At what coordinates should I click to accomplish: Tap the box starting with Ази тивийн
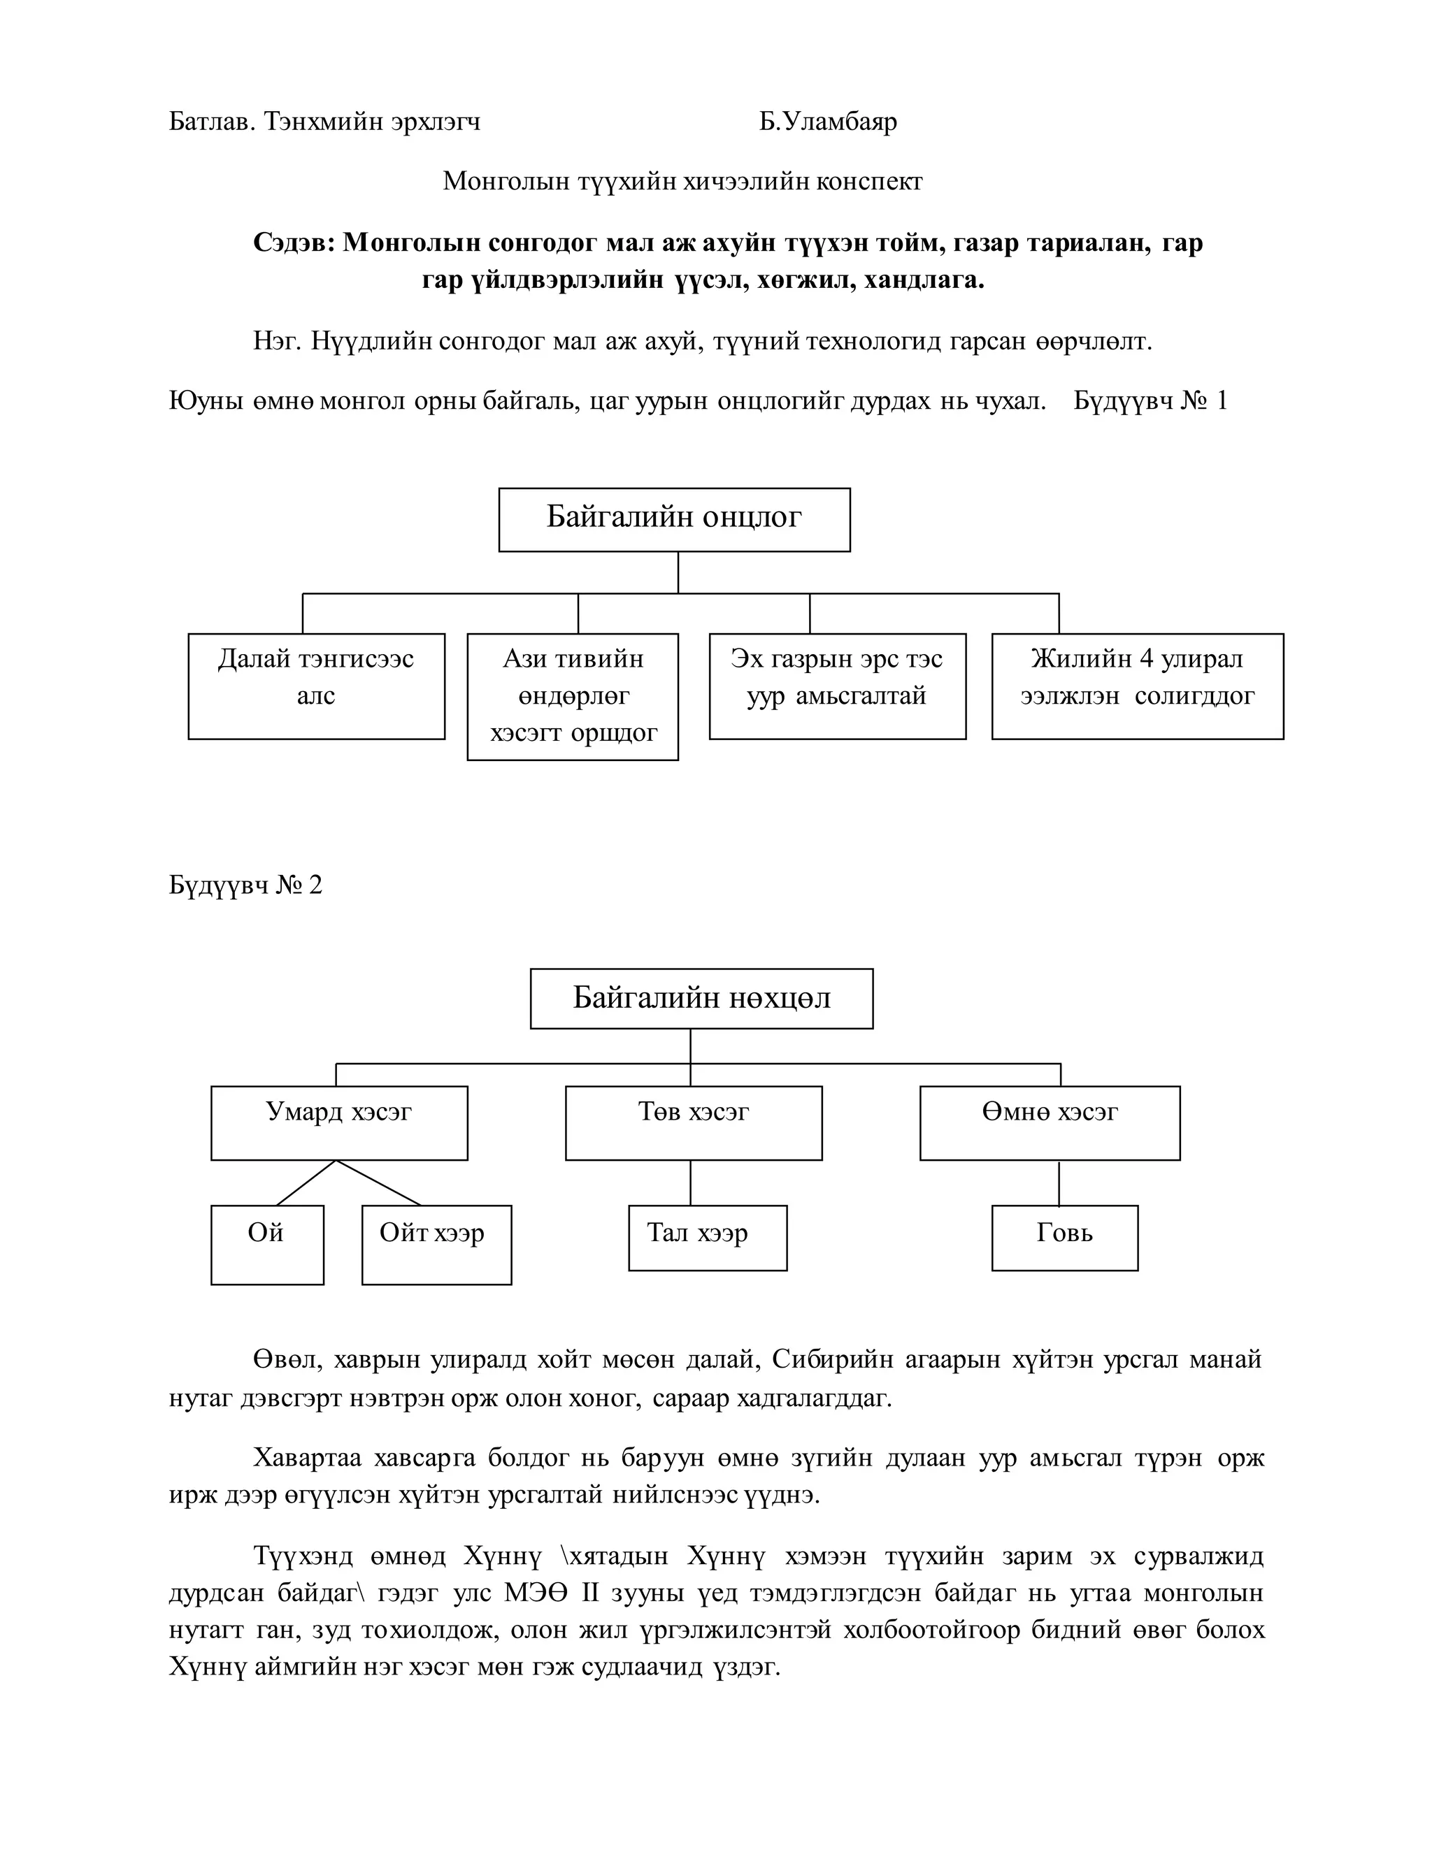[573, 695]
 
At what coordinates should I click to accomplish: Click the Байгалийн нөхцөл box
[701, 998]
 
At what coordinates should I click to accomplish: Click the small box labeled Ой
[266, 1244]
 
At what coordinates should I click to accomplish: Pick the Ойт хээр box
[436, 1244]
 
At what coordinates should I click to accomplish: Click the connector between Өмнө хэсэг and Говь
[1059, 1183]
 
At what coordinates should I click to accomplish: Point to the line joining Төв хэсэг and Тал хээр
[691, 1183]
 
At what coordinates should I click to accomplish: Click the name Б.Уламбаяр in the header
[827, 122]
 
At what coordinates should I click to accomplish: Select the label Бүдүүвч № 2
[245, 885]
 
